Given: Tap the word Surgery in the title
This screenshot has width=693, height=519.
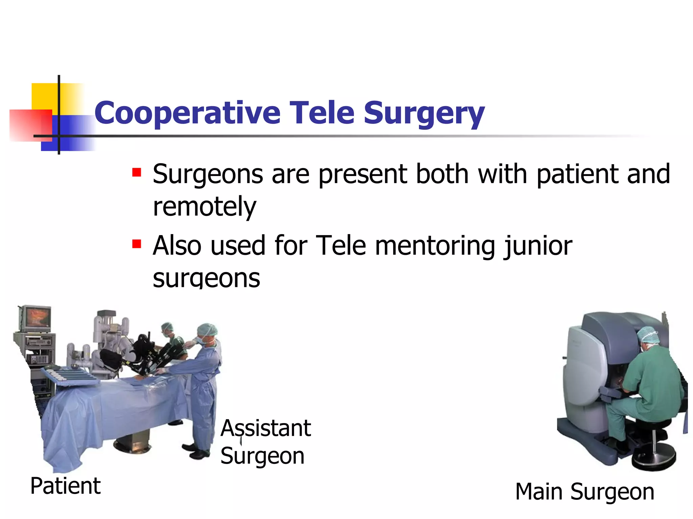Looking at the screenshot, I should coord(424,113).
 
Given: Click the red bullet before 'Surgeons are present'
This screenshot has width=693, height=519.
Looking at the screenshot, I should coord(137,173).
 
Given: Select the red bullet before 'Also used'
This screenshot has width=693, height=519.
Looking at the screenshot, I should coord(137,244).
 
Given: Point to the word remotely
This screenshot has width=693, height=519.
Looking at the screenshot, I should coord(204,207).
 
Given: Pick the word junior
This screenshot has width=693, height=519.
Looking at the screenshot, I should coord(538,246).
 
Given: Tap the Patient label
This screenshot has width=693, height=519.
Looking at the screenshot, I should coord(65,486).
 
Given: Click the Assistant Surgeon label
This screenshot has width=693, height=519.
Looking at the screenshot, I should coord(265,442).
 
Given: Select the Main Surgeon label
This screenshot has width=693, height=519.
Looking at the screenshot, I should coord(584,492).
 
